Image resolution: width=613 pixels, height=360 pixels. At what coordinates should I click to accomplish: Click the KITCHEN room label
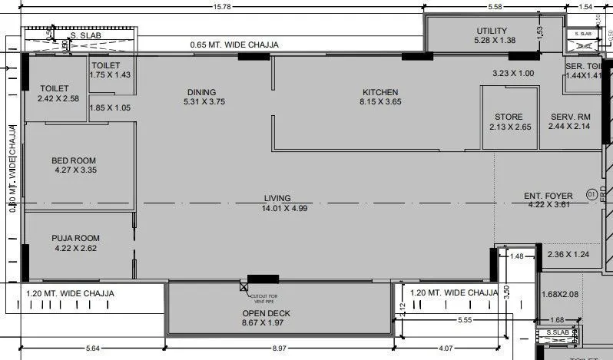pos(380,93)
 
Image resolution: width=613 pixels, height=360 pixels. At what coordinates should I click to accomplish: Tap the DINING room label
pos(200,93)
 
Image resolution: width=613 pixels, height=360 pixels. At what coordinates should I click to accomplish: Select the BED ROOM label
pos(74,160)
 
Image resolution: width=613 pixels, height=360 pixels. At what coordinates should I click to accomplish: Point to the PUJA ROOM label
pos(75,238)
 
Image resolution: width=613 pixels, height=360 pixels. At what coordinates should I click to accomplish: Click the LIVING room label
pos(284,197)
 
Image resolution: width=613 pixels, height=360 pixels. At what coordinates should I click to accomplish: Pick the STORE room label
pos(509,117)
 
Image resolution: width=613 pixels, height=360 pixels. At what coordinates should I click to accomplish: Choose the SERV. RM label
pos(569,117)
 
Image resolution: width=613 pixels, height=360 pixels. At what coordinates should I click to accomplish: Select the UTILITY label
pos(492,31)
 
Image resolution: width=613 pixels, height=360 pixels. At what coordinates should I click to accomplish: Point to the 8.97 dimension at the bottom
pos(281,350)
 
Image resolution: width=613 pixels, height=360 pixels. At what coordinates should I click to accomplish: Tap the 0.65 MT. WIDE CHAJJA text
pos(234,45)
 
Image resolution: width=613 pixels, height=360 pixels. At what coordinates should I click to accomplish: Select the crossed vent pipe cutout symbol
pos(244,287)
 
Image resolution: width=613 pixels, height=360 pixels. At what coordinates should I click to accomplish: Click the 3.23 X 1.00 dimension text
pos(513,73)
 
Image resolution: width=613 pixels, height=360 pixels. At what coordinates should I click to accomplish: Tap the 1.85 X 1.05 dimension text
pos(111,107)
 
